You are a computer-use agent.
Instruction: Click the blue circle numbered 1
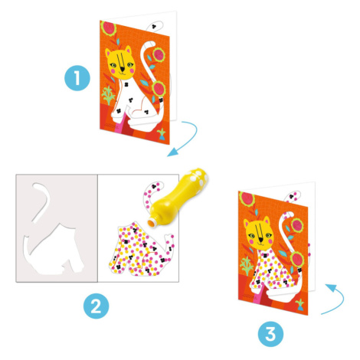[x=77, y=78]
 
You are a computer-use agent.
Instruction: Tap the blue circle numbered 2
[x=97, y=306]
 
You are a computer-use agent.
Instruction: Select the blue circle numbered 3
[x=270, y=334]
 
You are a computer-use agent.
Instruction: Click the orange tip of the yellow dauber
[x=152, y=223]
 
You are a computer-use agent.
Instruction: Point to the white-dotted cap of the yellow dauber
[x=197, y=177]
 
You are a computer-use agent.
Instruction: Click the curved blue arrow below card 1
[x=192, y=139]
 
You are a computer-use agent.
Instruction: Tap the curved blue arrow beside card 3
[x=339, y=301]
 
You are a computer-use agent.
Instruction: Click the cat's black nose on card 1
[x=123, y=69]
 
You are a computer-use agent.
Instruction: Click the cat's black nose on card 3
[x=261, y=240]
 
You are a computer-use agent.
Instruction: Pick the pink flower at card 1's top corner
[x=108, y=28]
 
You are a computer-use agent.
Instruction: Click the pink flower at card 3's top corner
[x=247, y=198]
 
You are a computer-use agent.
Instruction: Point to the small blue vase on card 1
[x=162, y=136]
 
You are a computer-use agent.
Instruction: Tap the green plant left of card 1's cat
[x=108, y=95]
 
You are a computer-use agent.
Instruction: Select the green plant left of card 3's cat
[x=247, y=266]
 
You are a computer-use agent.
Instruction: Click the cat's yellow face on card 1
[x=120, y=64]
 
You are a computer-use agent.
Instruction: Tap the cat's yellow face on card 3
[x=258, y=234]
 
